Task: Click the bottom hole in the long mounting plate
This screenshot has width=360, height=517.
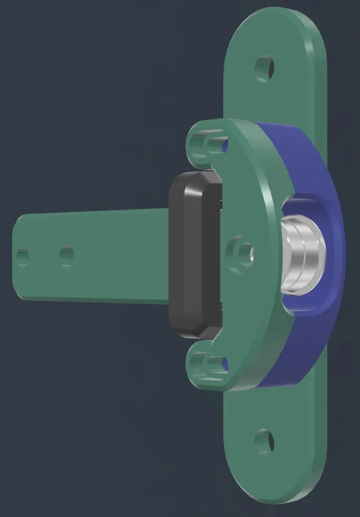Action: (265, 442)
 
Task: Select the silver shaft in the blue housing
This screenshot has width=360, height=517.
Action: (301, 256)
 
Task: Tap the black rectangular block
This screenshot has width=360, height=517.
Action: (192, 255)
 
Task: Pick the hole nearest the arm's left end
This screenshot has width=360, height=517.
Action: (23, 258)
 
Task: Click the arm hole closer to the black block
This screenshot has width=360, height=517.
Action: (66, 256)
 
